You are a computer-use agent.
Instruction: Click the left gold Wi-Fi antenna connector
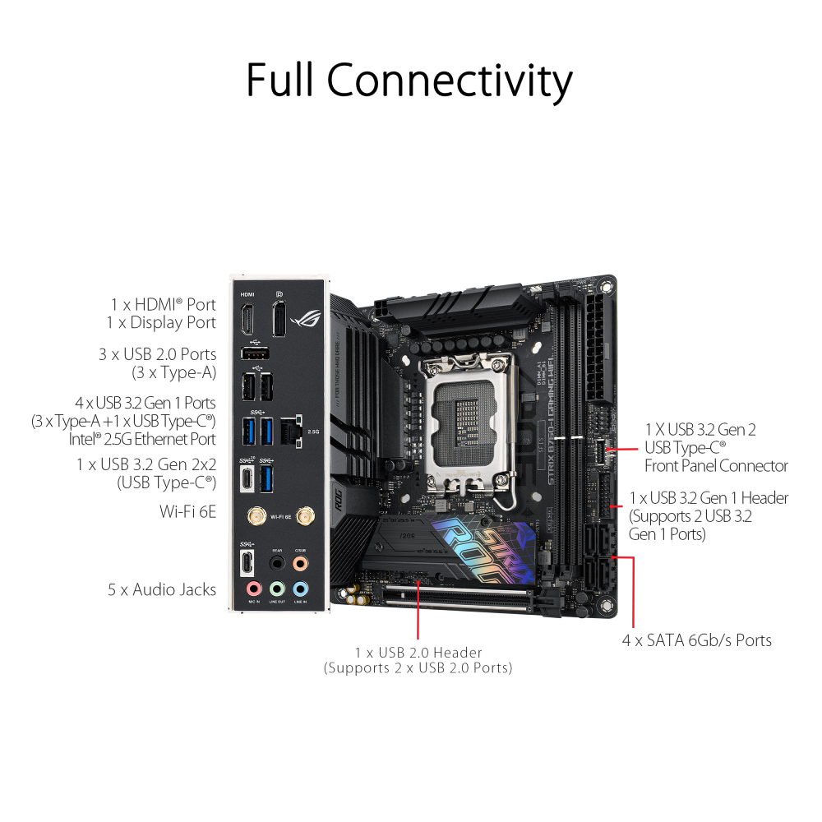coord(256,516)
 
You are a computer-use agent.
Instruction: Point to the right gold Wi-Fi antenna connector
coord(305,516)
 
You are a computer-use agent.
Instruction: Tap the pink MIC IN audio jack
coord(253,589)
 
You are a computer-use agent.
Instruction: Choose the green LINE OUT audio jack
coord(278,589)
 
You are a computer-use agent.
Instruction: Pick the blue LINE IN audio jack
coord(302,589)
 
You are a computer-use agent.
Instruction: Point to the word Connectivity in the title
coord(450,81)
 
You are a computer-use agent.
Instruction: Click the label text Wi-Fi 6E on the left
coord(187,511)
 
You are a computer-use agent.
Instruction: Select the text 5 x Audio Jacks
coord(163,589)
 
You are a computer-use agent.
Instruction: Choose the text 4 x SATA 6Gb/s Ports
coord(696,640)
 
